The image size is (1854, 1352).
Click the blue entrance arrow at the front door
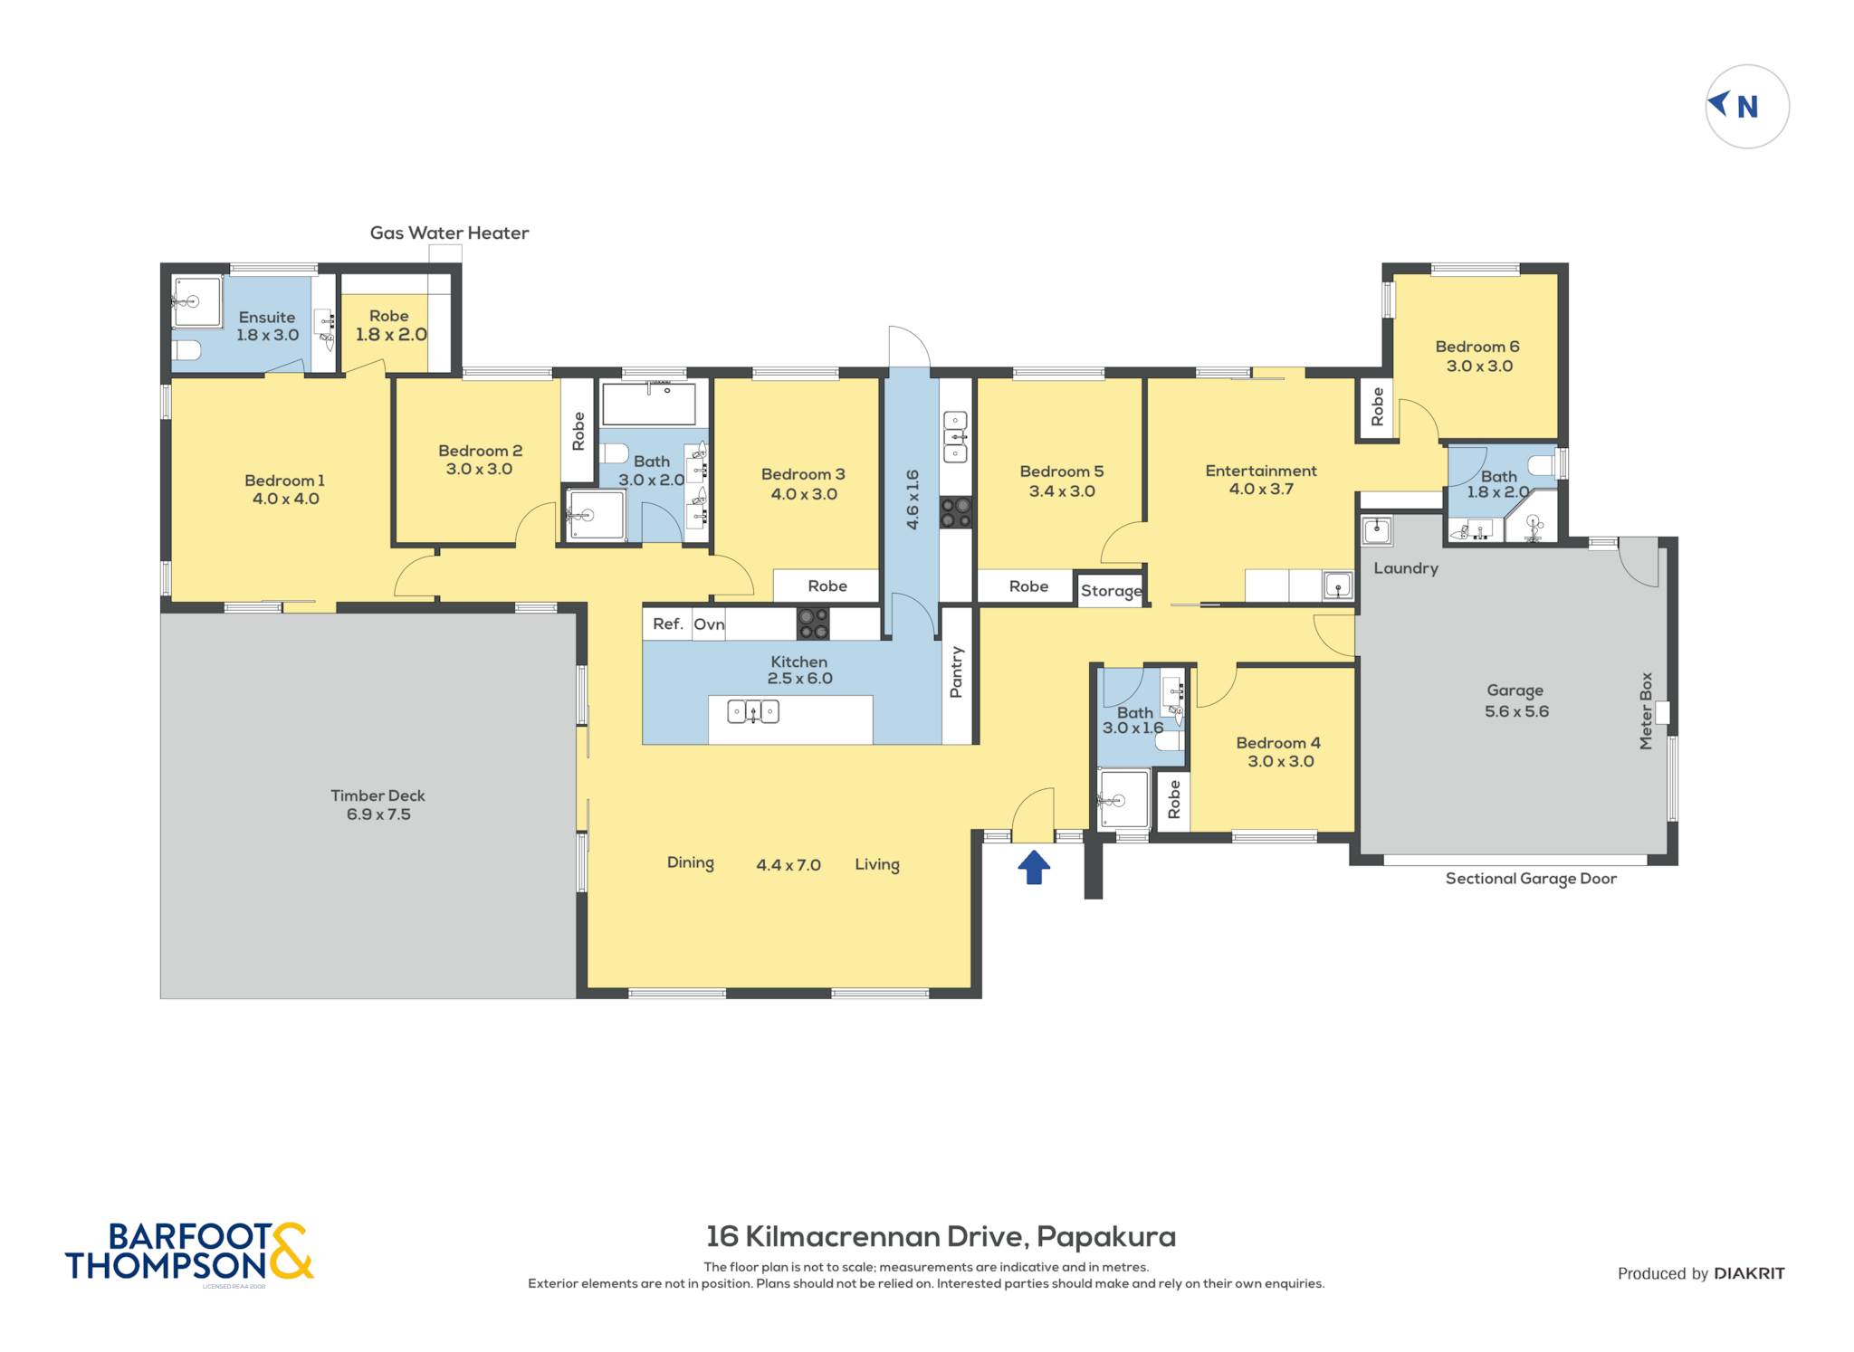[x=1034, y=866]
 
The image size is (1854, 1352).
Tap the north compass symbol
[x=1746, y=107]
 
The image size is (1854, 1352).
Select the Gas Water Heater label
[x=449, y=233]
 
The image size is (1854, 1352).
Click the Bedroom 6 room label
[x=1477, y=347]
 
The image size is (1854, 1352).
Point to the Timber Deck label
[x=377, y=795]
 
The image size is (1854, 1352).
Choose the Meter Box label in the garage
[x=1646, y=710]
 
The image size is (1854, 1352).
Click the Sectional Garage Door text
[x=1531, y=879]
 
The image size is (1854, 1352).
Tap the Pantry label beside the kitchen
[x=956, y=671]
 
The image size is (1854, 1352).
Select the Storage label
[x=1112, y=591]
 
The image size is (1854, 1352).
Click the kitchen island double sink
[x=753, y=712]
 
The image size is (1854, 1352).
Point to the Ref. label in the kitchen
[x=668, y=624]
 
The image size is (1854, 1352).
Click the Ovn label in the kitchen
[x=709, y=624]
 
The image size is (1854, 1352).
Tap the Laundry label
[x=1406, y=568]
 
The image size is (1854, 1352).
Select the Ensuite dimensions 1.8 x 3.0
[x=267, y=335]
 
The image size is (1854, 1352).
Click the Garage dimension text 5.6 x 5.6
[x=1516, y=711]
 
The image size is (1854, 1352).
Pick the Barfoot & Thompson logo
[x=189, y=1252]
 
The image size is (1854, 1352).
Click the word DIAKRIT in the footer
[x=1749, y=1273]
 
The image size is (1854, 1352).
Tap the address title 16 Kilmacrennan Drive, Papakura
[x=941, y=1236]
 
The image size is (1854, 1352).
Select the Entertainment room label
[x=1261, y=471]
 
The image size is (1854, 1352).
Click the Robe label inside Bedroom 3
[x=827, y=586]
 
